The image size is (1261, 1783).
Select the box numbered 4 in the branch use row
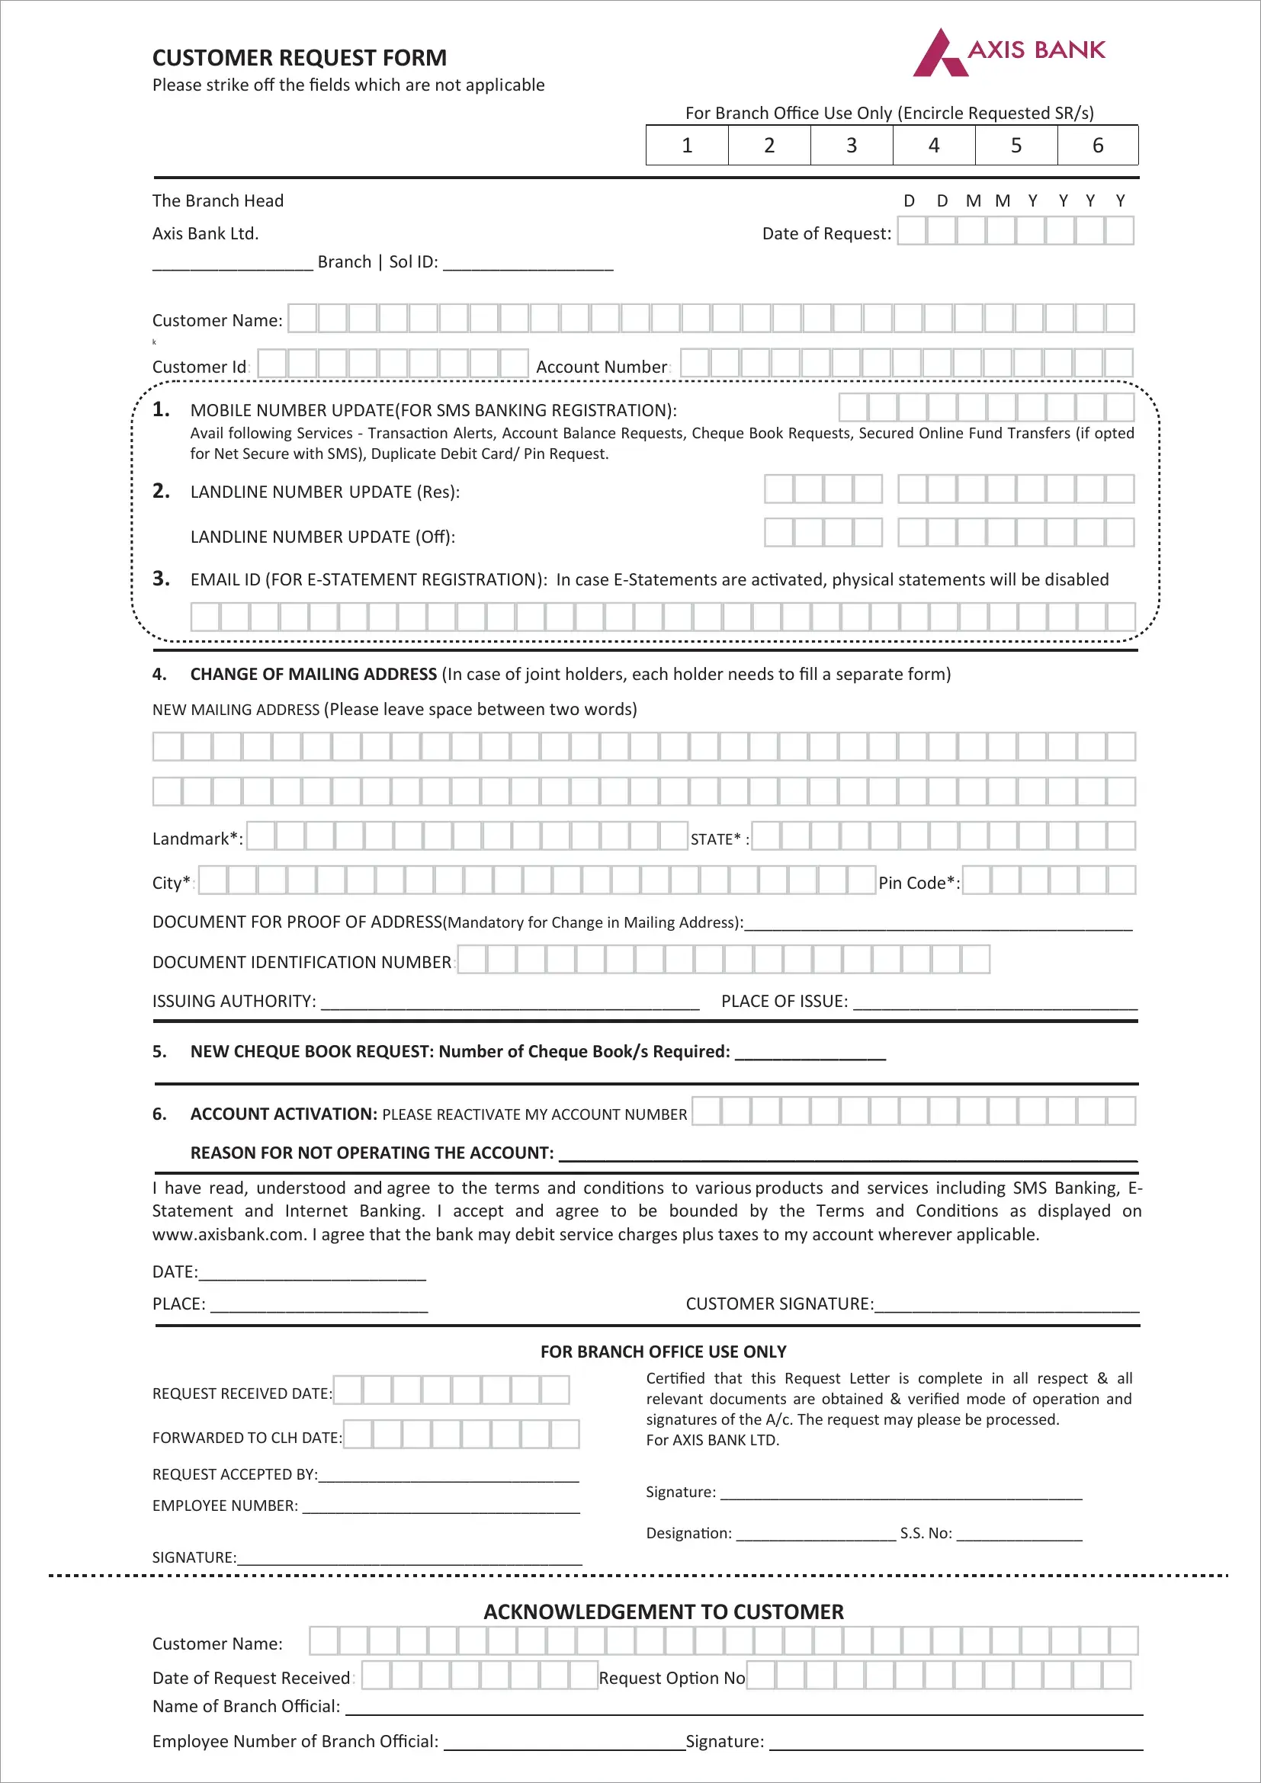933,146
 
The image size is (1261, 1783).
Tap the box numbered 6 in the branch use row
1097,146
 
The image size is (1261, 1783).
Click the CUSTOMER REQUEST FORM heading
299,58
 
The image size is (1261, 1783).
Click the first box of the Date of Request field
912,231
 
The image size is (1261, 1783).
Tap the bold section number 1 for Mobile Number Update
161,409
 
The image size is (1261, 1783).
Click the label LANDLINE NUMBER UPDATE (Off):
322,537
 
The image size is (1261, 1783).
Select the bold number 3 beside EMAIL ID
161,579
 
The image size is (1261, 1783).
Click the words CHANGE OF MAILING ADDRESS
313,674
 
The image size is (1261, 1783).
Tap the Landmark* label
197,839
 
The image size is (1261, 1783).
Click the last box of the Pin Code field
1121,880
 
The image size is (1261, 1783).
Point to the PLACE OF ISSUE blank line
995,1003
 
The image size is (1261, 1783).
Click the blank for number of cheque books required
810,1054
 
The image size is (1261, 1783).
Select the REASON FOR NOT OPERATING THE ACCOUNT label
372,1153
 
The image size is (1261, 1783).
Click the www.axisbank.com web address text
228,1234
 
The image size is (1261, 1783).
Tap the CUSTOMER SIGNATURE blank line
1006,1307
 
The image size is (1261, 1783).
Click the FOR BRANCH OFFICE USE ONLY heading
663,1352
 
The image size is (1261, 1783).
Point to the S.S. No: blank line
1019,1535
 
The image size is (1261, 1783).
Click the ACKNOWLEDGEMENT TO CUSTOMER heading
663,1611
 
